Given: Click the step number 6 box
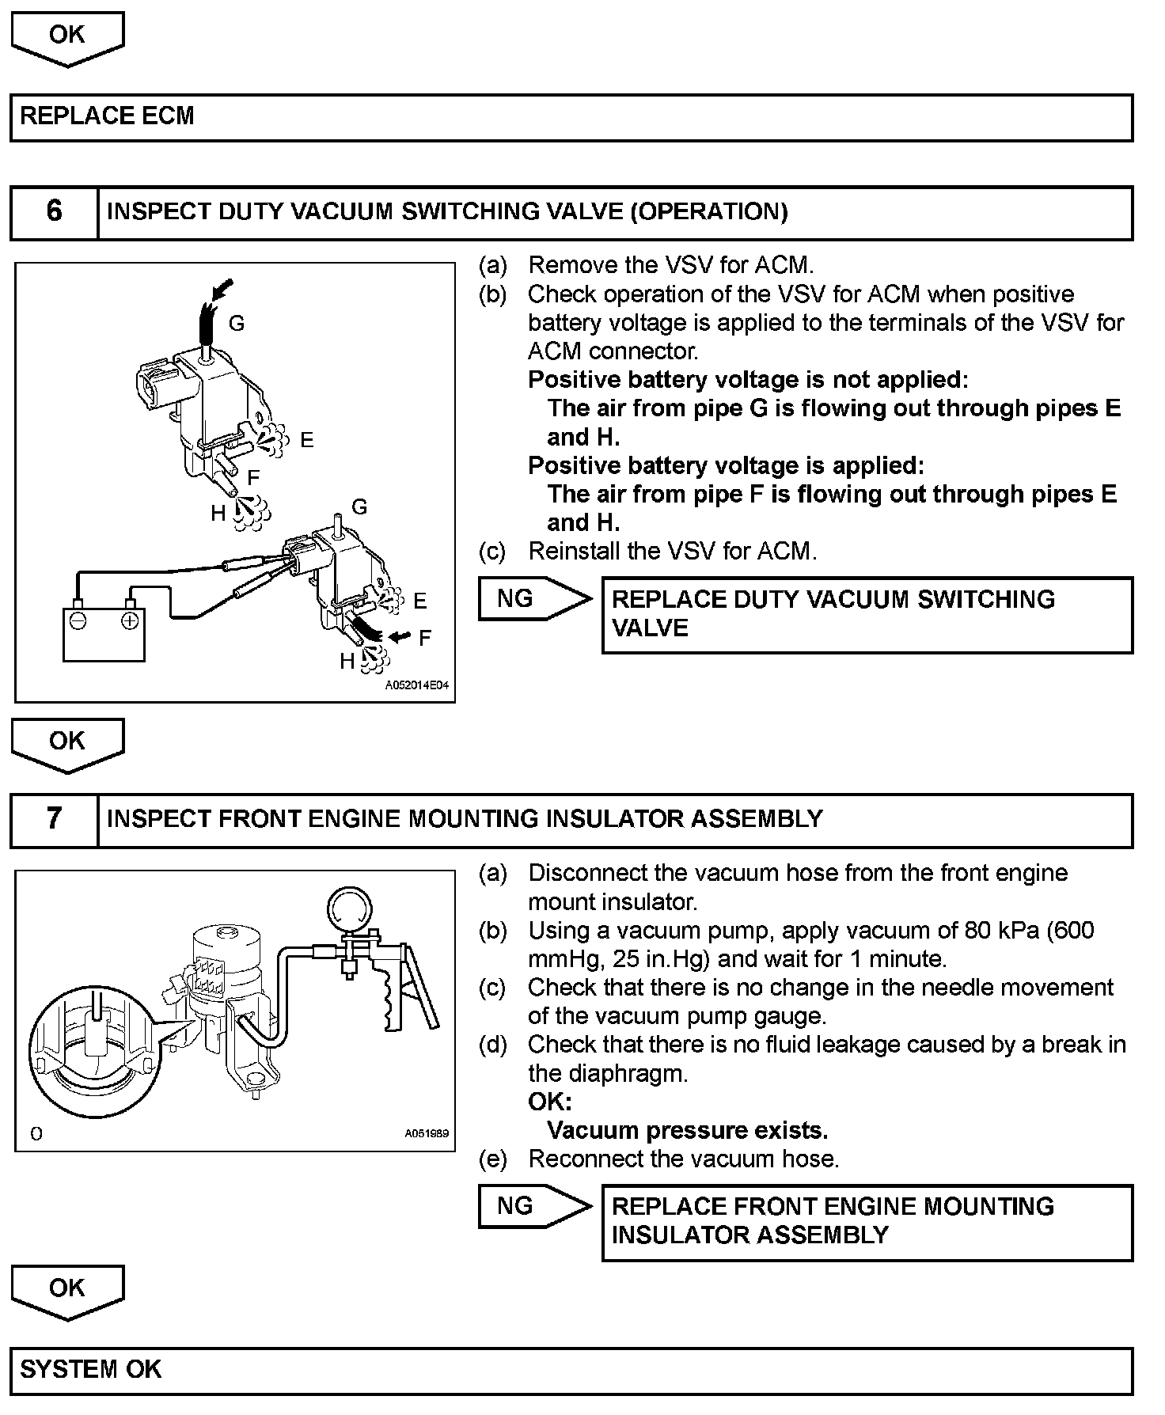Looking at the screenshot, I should click(x=54, y=212).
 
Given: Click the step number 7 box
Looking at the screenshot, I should click(x=54, y=819).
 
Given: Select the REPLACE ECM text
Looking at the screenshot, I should click(x=107, y=116).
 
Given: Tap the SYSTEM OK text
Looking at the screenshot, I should click(x=90, y=1369).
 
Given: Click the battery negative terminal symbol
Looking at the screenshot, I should click(x=78, y=621).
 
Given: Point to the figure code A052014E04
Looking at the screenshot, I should click(x=416, y=685).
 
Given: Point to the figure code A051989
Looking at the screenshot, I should click(x=426, y=1133).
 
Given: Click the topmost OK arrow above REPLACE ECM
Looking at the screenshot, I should click(x=67, y=37).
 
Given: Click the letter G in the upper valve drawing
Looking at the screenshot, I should click(x=236, y=323).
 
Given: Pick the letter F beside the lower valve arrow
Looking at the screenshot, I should click(x=425, y=638).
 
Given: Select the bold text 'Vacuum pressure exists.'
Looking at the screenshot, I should click(x=687, y=1130).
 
